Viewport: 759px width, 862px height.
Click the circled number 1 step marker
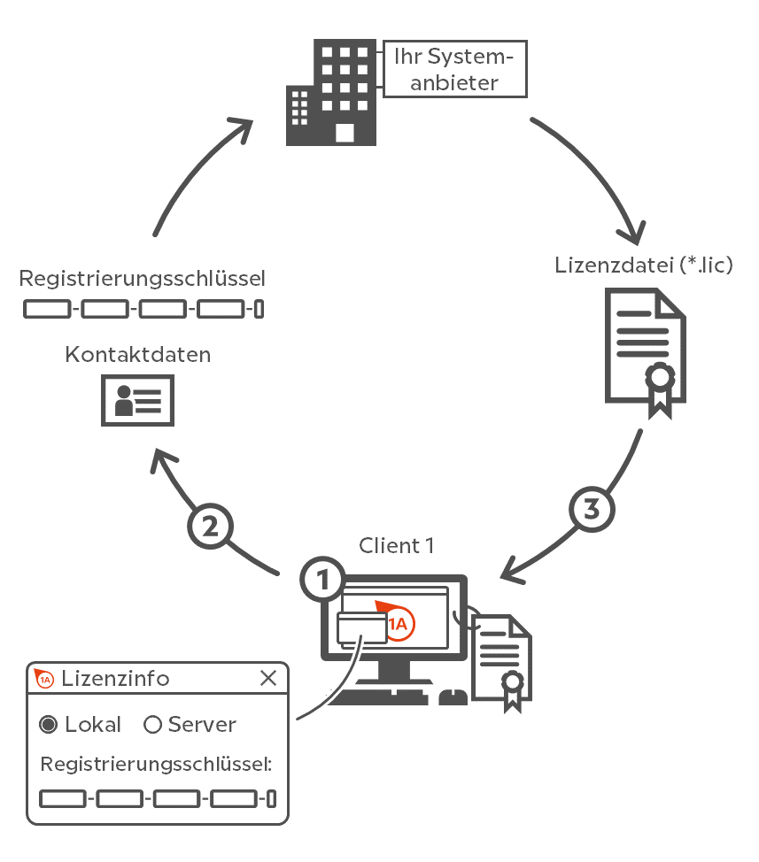pos(323,580)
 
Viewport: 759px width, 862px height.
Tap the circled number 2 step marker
pos(210,527)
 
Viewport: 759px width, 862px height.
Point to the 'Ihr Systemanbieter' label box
pos(454,69)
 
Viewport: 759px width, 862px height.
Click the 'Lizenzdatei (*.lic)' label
pos(644,266)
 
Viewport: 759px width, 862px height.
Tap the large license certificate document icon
pos(645,354)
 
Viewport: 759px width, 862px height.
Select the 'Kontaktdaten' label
pos(138,355)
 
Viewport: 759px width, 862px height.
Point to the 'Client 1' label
pos(396,545)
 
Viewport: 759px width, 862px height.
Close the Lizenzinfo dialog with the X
pos(267,679)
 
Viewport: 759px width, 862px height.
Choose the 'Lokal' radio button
pos(50,725)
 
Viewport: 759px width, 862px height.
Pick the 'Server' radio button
pos(152,725)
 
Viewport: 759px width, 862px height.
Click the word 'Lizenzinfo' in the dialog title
pos(115,679)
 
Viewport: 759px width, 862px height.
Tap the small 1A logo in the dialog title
pos(44,679)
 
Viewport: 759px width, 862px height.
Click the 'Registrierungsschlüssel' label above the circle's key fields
pos(143,280)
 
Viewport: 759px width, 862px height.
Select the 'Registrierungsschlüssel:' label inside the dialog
pos(157,765)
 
